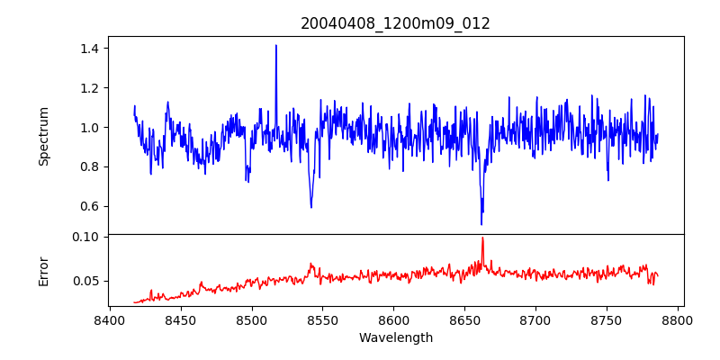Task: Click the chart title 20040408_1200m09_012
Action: (395, 23)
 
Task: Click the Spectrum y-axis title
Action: (43, 136)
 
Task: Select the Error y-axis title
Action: (43, 270)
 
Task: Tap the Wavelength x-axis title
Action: (395, 338)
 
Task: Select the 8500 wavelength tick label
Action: (252, 320)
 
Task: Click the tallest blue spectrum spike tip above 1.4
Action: (276, 45)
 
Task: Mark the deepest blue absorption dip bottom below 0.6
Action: (481, 224)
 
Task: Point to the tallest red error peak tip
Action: (482, 238)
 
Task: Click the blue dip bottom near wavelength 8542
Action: (311, 207)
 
